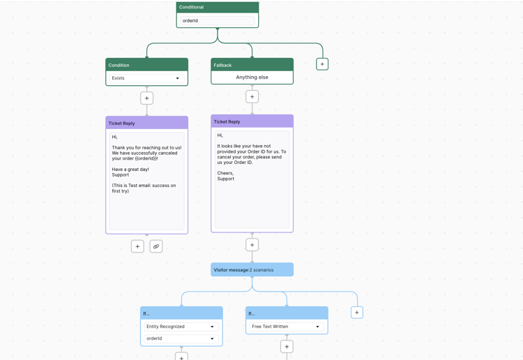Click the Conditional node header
pyautogui.click(x=217, y=7)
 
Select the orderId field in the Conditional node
pyautogui.click(x=217, y=21)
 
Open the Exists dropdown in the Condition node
pyautogui.click(x=146, y=78)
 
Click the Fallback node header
pyautogui.click(x=252, y=65)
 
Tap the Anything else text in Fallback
pyautogui.click(x=252, y=77)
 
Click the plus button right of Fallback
pyautogui.click(x=322, y=64)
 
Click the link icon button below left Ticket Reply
pyautogui.click(x=156, y=246)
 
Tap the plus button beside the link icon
pyautogui.click(x=137, y=246)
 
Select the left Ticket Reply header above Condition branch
pyautogui.click(x=146, y=123)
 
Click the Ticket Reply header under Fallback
pyautogui.click(x=252, y=121)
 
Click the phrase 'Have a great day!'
pyautogui.click(x=130, y=170)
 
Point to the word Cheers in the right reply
pyautogui.click(x=225, y=173)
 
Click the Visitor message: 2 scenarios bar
pyautogui.click(x=252, y=270)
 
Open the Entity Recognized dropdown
pyautogui.click(x=181, y=327)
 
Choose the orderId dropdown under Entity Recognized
pyautogui.click(x=181, y=338)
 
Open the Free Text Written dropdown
pyautogui.click(x=287, y=327)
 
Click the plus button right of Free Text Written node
pyautogui.click(x=357, y=313)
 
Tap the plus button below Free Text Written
pyautogui.click(x=287, y=347)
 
